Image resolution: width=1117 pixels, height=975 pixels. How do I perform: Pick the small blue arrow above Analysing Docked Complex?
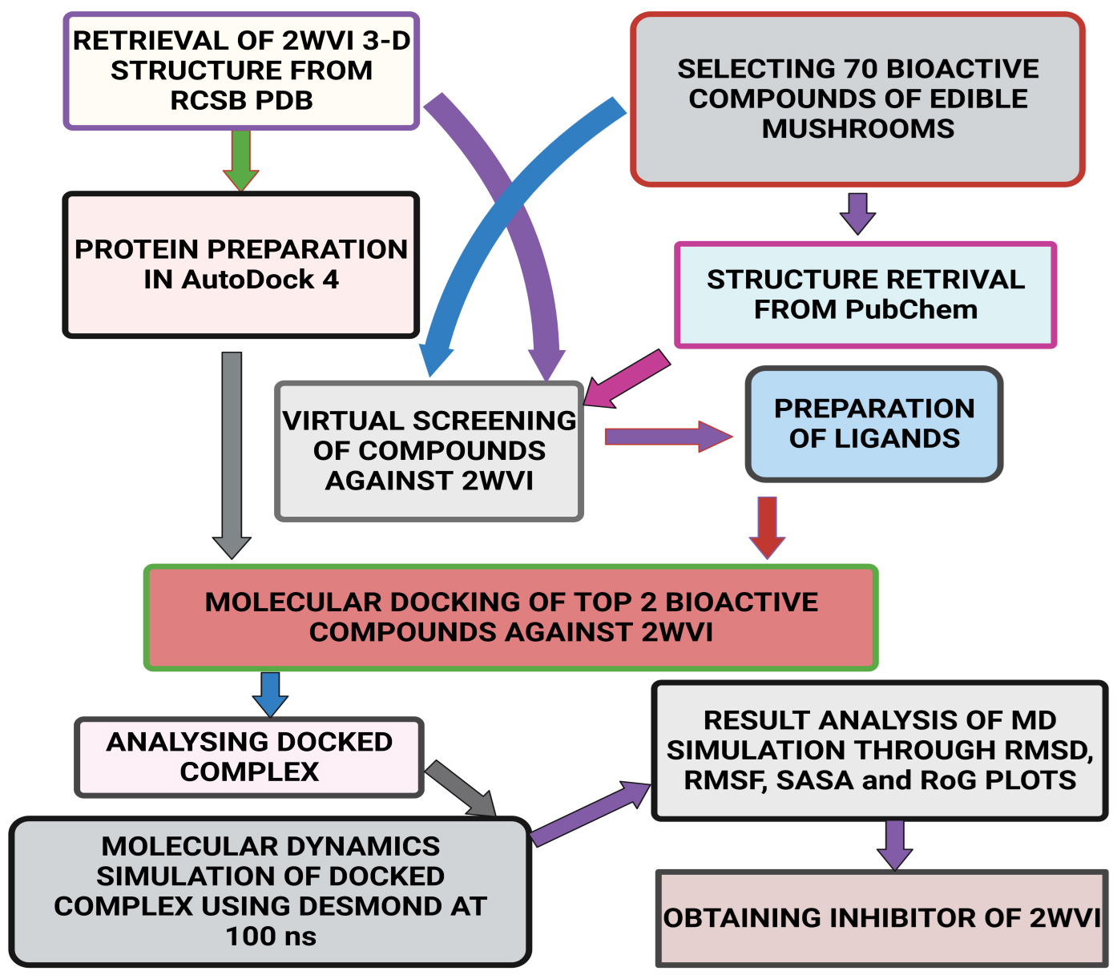270,694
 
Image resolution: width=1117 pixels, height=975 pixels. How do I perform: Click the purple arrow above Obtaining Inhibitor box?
895,844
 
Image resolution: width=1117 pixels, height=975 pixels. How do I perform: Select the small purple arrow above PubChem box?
857,213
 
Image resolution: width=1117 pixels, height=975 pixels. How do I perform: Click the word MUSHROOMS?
858,129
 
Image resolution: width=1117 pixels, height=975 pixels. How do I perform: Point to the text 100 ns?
271,937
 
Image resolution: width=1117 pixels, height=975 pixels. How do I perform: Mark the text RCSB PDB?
241,101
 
